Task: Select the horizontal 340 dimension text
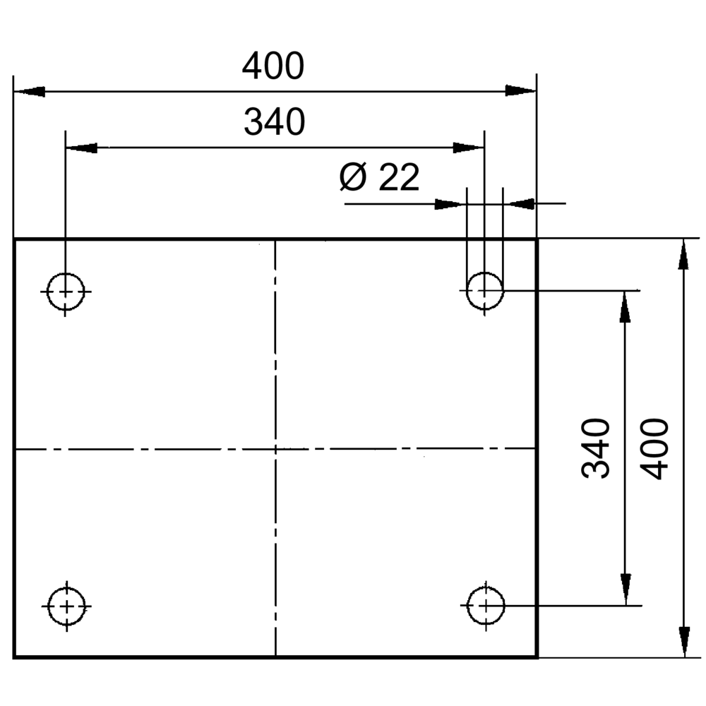point(274,122)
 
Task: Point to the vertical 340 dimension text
point(596,448)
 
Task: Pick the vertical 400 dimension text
point(656,448)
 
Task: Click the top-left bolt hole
point(66,291)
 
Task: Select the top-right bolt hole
point(484,290)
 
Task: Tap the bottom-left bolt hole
point(66,606)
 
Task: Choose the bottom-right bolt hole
point(485,605)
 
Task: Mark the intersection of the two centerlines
point(275,448)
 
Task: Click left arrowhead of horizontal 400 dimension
point(29,91)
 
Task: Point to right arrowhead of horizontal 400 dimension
point(521,90)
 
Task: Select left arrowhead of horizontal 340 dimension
point(81,148)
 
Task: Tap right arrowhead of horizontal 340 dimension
point(469,148)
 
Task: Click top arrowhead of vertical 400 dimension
point(683,256)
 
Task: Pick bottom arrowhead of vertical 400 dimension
point(683,641)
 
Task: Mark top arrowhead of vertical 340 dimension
point(625,306)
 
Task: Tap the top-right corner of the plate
point(537,240)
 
